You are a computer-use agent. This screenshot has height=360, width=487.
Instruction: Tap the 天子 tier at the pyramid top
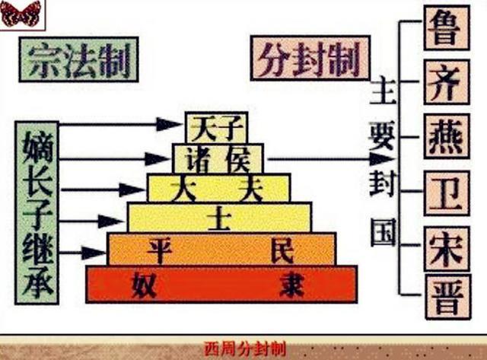point(216,126)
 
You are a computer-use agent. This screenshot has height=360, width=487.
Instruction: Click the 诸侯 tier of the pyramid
point(218,158)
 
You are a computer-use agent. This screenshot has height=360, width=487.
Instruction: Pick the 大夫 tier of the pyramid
point(218,187)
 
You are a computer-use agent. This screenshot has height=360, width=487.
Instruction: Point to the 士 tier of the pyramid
point(219,217)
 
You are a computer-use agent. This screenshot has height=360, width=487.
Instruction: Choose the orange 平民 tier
point(221,249)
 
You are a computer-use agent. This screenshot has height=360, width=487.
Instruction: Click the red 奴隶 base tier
point(221,284)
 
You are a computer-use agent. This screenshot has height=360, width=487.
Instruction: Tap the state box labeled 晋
point(444,296)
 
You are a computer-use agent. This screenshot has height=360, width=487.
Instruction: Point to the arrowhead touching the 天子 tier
point(170,124)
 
